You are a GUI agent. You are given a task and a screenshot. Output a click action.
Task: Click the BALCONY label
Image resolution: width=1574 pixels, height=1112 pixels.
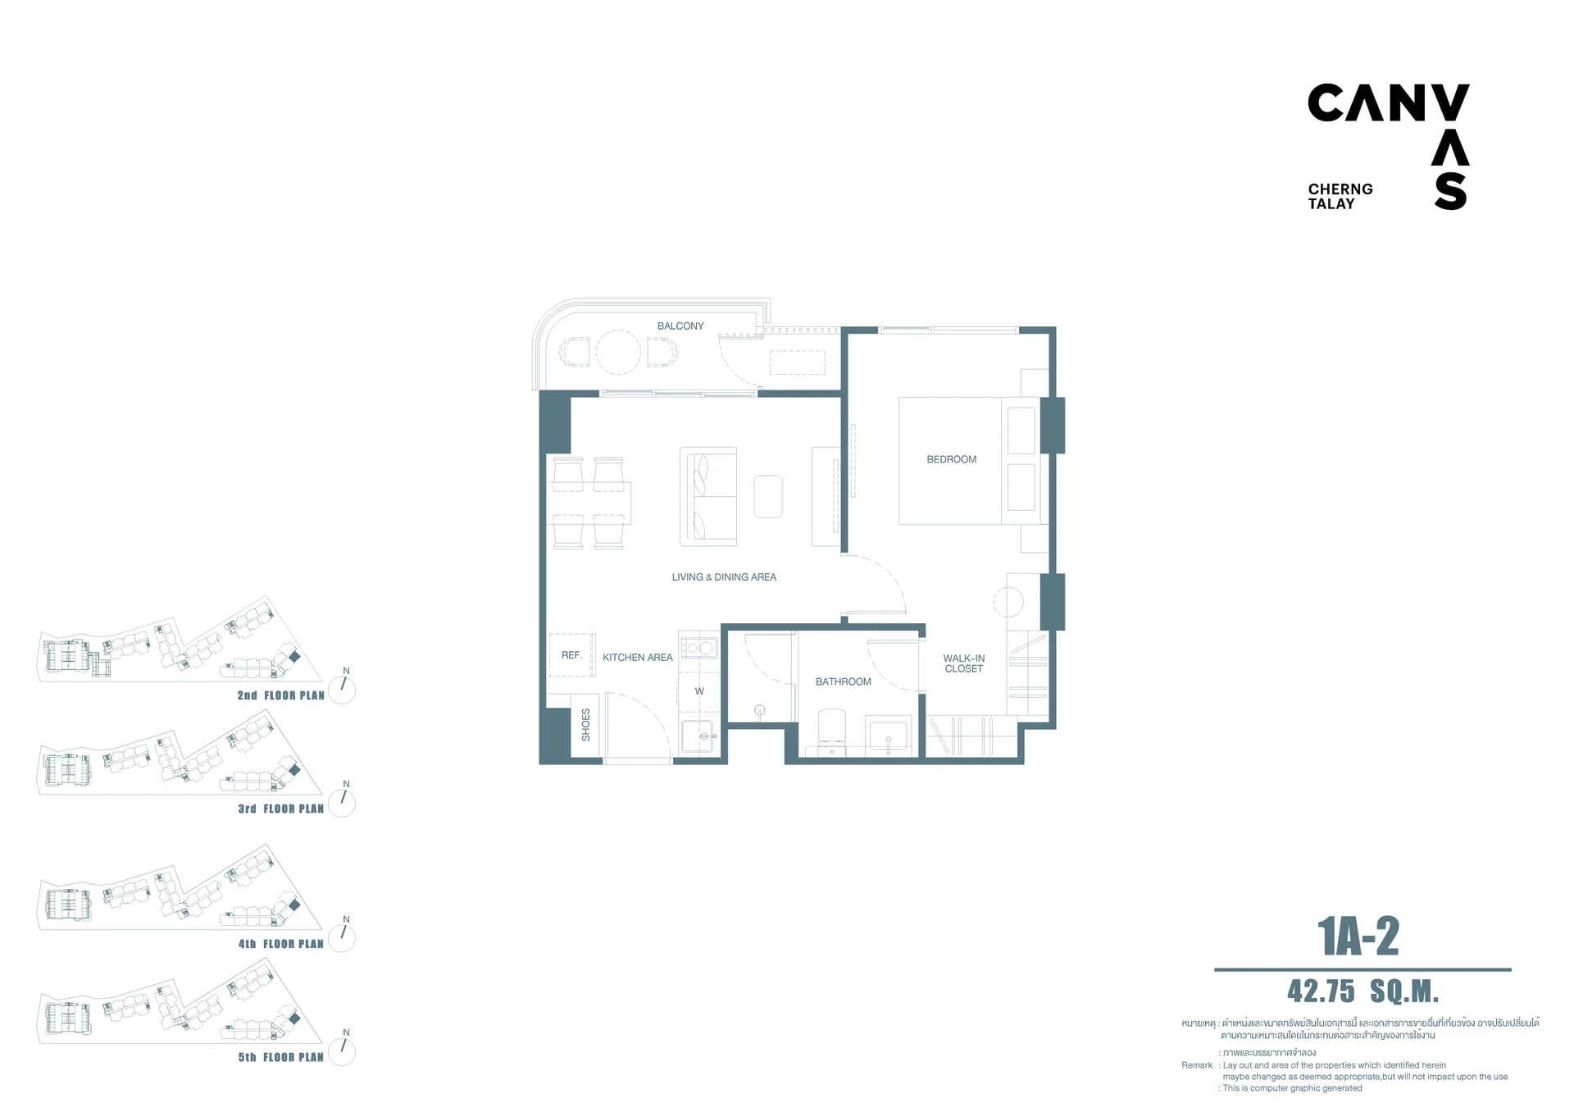tap(680, 326)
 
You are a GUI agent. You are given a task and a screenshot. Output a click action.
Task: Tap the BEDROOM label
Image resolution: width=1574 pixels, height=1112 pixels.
tap(952, 459)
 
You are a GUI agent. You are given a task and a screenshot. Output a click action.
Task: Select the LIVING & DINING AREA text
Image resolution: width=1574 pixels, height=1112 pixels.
tap(724, 577)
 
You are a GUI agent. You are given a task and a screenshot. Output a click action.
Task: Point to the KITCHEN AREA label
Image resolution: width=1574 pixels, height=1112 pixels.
tap(638, 658)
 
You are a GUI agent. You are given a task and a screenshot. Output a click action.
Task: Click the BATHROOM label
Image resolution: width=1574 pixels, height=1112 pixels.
tap(844, 681)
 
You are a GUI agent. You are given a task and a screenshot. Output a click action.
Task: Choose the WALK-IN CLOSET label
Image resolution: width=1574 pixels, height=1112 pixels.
tap(964, 663)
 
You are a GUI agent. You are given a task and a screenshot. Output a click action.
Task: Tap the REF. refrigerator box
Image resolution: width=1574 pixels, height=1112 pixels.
tap(572, 655)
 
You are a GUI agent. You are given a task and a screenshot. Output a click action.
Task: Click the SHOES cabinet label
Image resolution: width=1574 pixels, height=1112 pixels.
tap(585, 725)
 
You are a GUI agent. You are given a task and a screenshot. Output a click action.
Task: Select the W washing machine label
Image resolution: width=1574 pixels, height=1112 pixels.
tap(699, 691)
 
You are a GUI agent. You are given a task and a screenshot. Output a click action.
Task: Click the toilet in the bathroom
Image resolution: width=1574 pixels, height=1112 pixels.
tap(832, 731)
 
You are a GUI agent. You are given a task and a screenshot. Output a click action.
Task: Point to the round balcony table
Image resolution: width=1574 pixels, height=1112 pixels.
tap(618, 353)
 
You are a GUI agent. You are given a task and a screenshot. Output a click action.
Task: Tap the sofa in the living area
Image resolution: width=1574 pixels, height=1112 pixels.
tap(708, 496)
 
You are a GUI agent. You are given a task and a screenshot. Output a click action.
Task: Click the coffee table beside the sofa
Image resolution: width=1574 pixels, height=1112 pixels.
tap(768, 496)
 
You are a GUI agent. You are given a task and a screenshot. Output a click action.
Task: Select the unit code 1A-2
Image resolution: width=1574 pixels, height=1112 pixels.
tap(1358, 937)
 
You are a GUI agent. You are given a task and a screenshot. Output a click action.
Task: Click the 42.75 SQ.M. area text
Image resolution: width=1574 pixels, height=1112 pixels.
tap(1363, 991)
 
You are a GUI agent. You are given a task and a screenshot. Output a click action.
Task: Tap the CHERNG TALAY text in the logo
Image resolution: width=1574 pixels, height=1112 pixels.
tap(1340, 197)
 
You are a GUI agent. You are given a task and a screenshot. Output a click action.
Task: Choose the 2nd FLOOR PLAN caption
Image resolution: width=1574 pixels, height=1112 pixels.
tap(281, 695)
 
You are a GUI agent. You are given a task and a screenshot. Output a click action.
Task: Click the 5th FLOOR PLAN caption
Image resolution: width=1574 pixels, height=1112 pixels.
tap(281, 1057)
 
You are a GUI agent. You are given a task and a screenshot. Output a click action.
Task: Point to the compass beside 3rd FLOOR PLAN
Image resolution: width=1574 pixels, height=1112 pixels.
tap(342, 803)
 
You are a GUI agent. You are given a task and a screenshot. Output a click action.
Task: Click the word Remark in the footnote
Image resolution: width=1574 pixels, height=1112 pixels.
tap(1197, 1065)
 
